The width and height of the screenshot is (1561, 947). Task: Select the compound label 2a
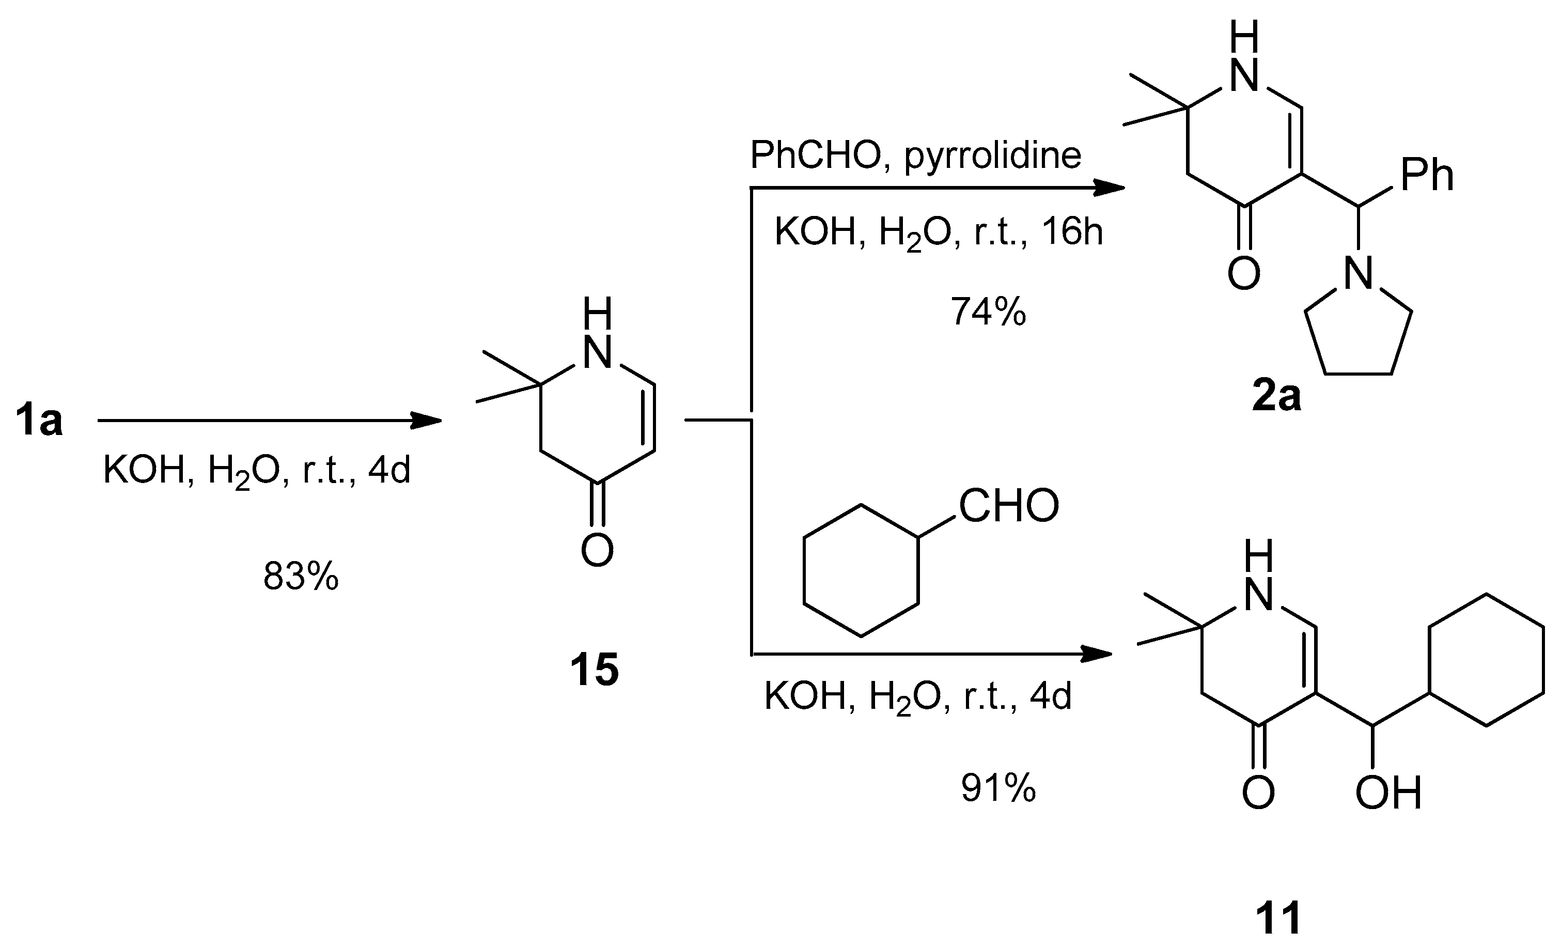(1276, 397)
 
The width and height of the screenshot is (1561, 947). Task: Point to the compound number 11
(1278, 918)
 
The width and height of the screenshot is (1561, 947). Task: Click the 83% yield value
(301, 577)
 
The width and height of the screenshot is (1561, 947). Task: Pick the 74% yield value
(988, 312)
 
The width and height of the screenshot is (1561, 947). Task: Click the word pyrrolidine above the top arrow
(993, 155)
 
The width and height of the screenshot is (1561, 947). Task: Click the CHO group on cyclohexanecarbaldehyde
(1009, 505)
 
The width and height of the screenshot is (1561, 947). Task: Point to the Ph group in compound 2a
(1427, 176)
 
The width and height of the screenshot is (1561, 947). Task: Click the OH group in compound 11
(1388, 794)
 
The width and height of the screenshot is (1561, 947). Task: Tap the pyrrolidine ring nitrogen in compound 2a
(1359, 274)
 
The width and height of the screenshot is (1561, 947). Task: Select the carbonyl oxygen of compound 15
(597, 550)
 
